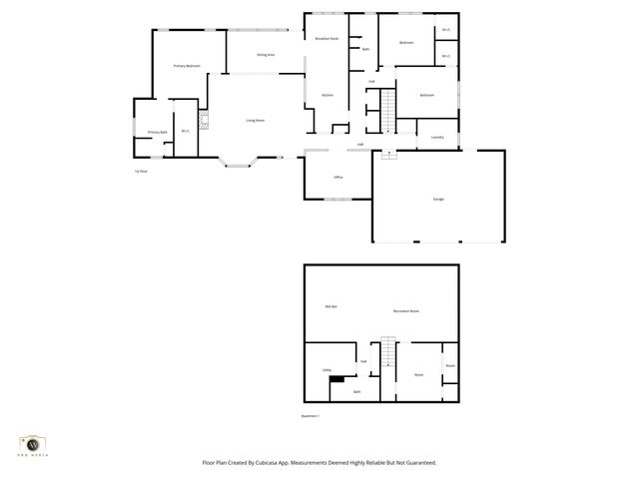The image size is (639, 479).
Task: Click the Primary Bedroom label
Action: coord(187,66)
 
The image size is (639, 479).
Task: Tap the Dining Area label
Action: coord(266,55)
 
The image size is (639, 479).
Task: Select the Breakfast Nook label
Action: coord(326,38)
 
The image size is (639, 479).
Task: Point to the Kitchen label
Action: coord(326,95)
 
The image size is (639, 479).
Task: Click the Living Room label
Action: coord(256,120)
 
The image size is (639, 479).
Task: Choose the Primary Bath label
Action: coord(156,132)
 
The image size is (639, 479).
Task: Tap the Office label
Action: coord(338,178)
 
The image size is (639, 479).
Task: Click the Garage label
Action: coord(438,200)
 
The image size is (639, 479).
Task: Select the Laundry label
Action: coord(437,137)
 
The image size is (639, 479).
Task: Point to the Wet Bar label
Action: coord(329,306)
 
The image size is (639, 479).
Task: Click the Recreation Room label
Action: coord(405,311)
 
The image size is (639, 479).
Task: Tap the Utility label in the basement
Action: coord(326,370)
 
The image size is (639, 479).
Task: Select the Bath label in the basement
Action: coord(358,392)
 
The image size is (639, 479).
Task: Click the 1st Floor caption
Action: coord(141,171)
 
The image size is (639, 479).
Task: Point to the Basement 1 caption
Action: coord(310,415)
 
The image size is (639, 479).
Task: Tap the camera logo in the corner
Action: coord(34,443)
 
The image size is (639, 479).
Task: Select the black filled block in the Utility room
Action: coord(338,379)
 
